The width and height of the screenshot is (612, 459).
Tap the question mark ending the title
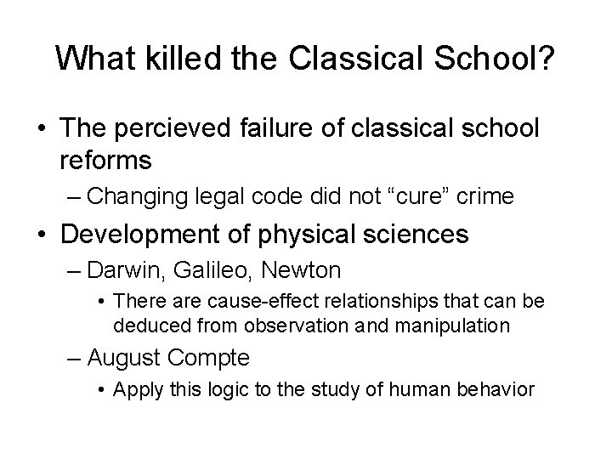[547, 57]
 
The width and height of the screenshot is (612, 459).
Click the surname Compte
[209, 357]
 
